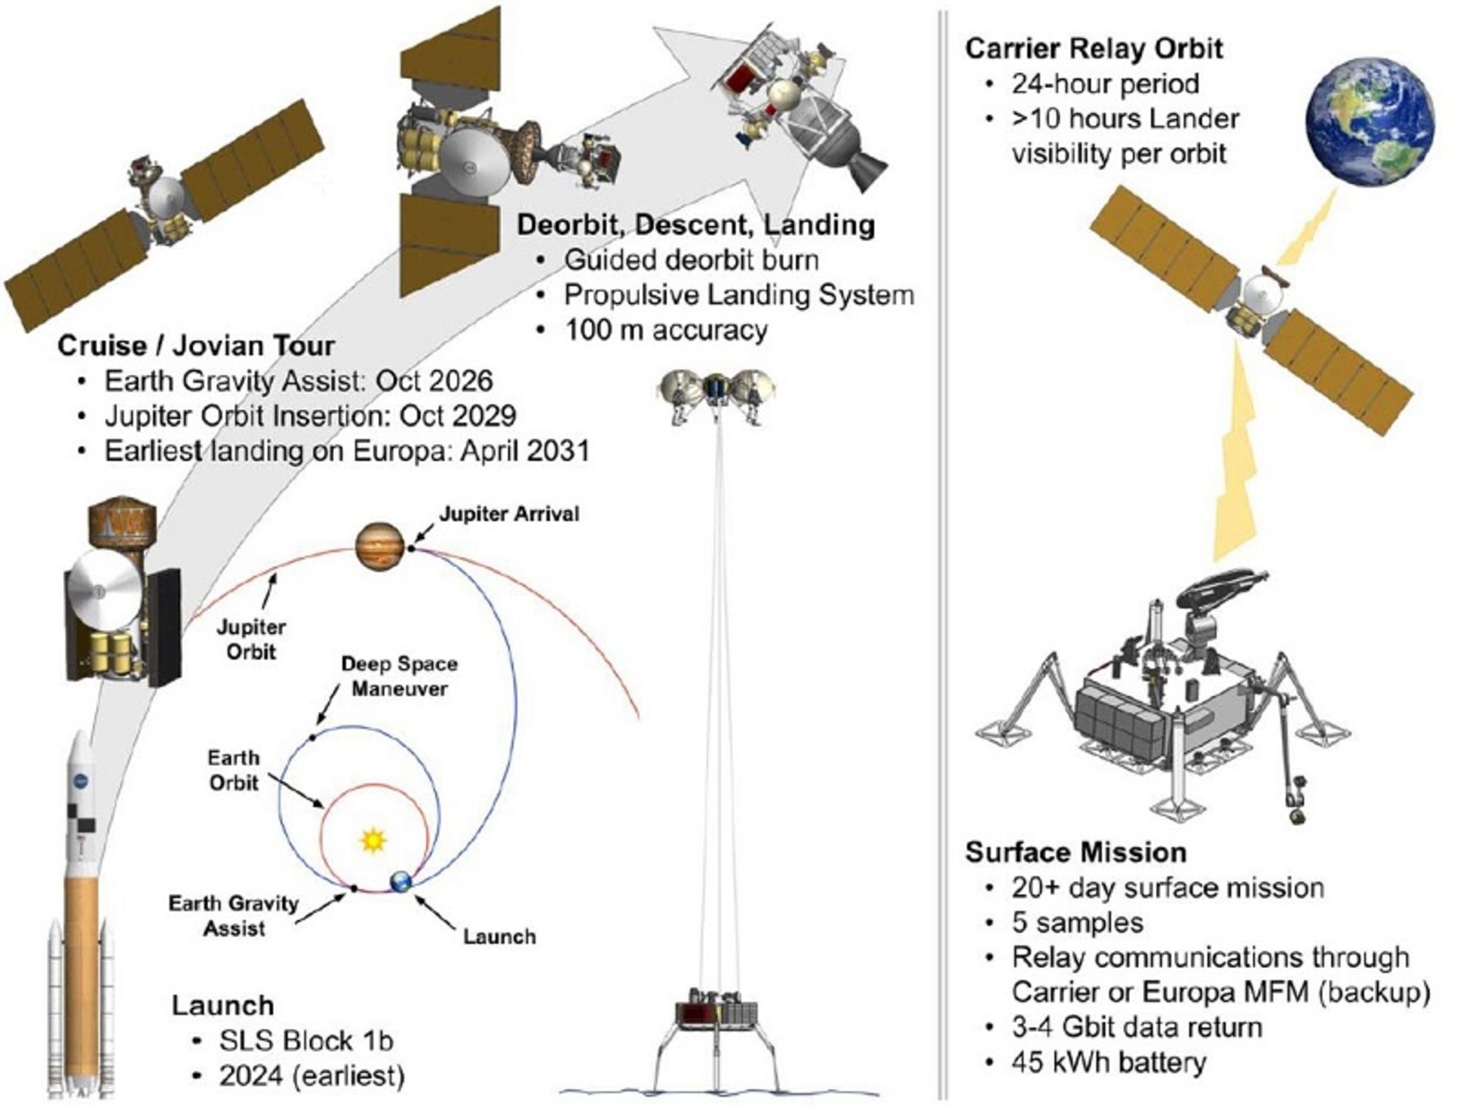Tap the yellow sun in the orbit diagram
(x=373, y=840)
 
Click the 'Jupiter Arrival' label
(x=508, y=514)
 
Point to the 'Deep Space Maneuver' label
(x=399, y=676)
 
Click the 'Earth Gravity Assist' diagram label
(x=234, y=915)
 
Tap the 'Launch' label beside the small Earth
(x=499, y=937)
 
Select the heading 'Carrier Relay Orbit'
(x=1094, y=49)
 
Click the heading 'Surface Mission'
(x=1075, y=852)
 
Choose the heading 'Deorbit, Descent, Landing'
(x=695, y=225)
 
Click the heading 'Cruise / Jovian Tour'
(x=196, y=346)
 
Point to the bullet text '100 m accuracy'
(x=666, y=330)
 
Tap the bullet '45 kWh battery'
(x=1108, y=1063)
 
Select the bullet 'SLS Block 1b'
(x=306, y=1041)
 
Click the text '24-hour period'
(x=1105, y=84)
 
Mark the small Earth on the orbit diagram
(x=401, y=882)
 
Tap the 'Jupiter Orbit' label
(x=251, y=639)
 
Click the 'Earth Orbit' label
(x=234, y=770)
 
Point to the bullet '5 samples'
(x=1077, y=923)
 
